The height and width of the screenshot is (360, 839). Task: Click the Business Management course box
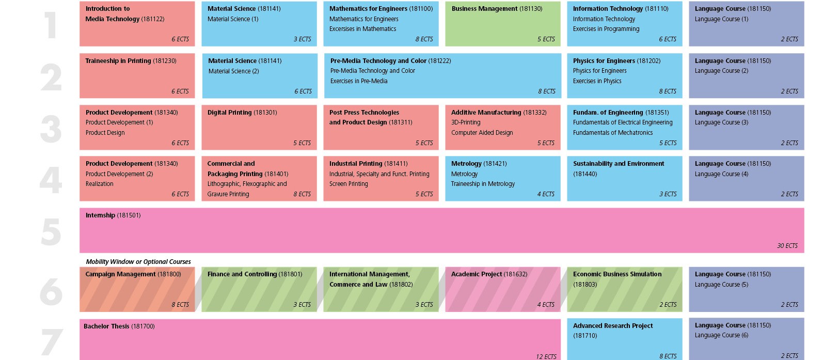[x=502, y=24]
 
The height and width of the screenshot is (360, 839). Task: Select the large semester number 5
[x=51, y=231]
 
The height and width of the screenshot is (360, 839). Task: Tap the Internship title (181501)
[x=113, y=215]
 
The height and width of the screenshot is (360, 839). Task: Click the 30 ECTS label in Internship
[x=787, y=246]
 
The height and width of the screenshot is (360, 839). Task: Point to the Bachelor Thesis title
[x=119, y=326]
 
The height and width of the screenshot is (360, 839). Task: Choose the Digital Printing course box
[x=259, y=128]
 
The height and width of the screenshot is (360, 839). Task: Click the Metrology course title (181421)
[x=479, y=164]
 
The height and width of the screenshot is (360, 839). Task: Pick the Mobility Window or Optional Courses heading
[x=138, y=262]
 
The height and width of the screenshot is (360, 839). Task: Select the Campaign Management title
[x=133, y=274]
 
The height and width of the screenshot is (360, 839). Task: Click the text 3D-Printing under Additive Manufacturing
[x=466, y=122]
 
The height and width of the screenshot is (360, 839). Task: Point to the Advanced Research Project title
[x=613, y=326]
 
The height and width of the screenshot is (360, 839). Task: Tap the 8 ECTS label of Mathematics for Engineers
[x=424, y=39]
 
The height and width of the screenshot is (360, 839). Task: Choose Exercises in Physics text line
[x=597, y=81]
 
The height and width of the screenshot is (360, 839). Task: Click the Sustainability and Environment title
[x=619, y=164]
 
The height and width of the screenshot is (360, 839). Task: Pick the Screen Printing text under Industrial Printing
[x=349, y=184]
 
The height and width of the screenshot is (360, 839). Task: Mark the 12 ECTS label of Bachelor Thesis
[x=546, y=356]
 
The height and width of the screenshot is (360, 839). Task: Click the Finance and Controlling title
[x=255, y=274]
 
